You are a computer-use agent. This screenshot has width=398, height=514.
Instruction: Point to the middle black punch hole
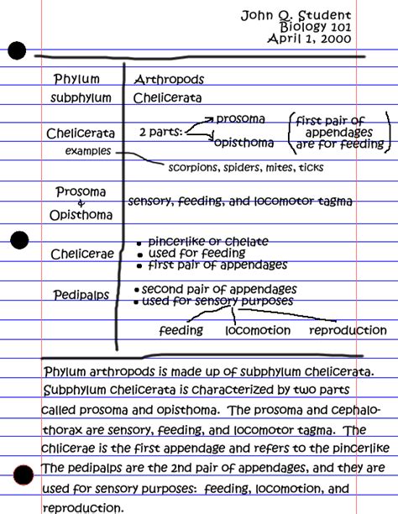(18, 240)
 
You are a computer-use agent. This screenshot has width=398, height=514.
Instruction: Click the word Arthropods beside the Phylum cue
(169, 80)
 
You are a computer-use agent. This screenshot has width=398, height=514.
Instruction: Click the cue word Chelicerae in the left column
(79, 254)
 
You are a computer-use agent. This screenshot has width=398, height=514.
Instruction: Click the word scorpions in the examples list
(193, 167)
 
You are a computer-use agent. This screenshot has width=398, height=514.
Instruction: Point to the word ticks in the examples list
(309, 167)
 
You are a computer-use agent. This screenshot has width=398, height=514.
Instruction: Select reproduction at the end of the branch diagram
(348, 331)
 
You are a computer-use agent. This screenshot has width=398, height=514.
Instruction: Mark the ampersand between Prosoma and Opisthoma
(81, 204)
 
